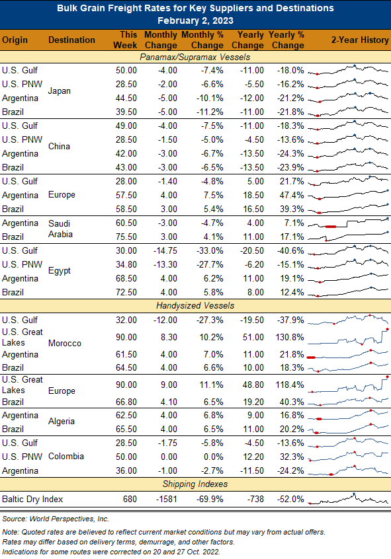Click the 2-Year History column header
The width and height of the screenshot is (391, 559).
(360, 40)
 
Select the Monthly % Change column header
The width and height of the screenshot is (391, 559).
(202, 40)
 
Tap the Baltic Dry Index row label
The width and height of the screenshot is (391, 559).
(32, 499)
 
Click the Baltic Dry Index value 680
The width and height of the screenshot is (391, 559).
(130, 499)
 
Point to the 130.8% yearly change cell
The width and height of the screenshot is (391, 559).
(290, 337)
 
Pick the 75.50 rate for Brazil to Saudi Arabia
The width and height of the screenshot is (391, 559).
(126, 237)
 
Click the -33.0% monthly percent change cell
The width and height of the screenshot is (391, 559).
(210, 250)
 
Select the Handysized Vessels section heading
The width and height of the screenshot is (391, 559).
(195, 305)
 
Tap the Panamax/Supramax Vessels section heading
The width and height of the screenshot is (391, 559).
(195, 57)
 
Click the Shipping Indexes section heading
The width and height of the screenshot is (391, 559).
(195, 484)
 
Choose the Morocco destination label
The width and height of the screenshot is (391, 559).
(65, 344)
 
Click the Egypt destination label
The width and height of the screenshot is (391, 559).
(60, 271)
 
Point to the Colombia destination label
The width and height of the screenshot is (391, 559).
(66, 457)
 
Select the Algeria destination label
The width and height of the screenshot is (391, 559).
(62, 422)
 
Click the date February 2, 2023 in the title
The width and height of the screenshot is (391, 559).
(195, 20)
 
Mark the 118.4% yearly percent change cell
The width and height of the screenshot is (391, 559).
(290, 385)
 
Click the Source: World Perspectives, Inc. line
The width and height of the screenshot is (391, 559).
(56, 519)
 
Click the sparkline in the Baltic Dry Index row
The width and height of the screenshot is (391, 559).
(348, 499)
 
